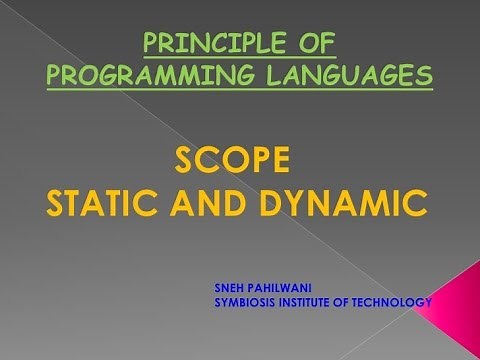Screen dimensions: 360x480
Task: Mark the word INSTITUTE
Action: [317, 301]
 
